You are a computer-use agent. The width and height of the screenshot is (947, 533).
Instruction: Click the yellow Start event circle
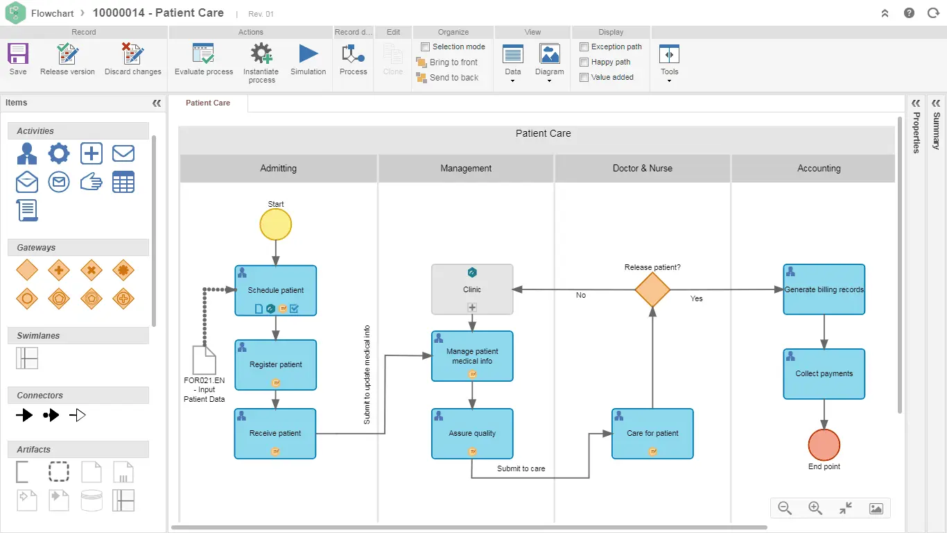[276, 225]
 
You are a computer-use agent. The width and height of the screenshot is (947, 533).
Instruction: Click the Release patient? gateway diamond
[652, 289]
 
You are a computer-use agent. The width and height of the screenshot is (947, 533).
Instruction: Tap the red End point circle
[824, 445]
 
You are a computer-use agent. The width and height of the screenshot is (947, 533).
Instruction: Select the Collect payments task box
[824, 373]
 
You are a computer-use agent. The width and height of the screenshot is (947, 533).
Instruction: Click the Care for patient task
[652, 433]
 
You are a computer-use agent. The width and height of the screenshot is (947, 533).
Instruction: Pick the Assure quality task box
[472, 433]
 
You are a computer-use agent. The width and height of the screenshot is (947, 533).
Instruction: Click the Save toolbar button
[18, 60]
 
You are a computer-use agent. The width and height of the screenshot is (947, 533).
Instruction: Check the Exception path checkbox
[584, 47]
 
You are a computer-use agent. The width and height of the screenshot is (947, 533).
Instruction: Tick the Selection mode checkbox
[426, 47]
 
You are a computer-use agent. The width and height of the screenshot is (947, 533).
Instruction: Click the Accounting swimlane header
[818, 169]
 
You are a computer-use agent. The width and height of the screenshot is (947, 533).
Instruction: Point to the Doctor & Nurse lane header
[642, 169]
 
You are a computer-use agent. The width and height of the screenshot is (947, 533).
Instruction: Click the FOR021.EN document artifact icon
[205, 360]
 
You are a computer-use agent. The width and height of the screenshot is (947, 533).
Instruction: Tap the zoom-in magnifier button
[815, 508]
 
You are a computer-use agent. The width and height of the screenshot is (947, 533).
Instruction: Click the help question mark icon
[909, 13]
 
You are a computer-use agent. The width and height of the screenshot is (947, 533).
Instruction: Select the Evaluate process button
[204, 60]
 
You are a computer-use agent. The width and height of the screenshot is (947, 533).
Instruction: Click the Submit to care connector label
[521, 468]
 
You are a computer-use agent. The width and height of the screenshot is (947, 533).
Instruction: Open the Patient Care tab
[208, 103]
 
